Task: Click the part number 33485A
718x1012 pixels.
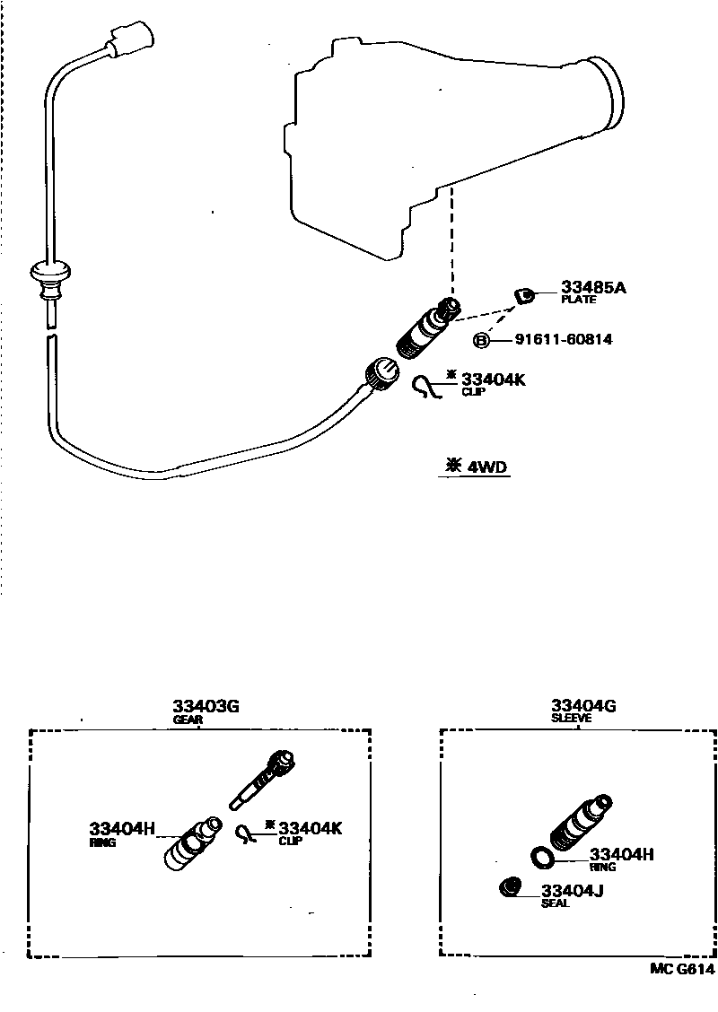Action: point(592,288)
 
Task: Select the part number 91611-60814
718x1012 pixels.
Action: point(564,340)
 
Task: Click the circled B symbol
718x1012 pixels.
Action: point(482,341)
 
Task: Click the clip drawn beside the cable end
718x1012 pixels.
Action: point(428,387)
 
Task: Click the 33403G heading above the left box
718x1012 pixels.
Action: point(206,706)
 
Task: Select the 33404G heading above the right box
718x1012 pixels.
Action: point(583,706)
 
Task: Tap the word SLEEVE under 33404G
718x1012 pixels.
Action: point(572,719)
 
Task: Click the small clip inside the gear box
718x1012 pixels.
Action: point(245,833)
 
